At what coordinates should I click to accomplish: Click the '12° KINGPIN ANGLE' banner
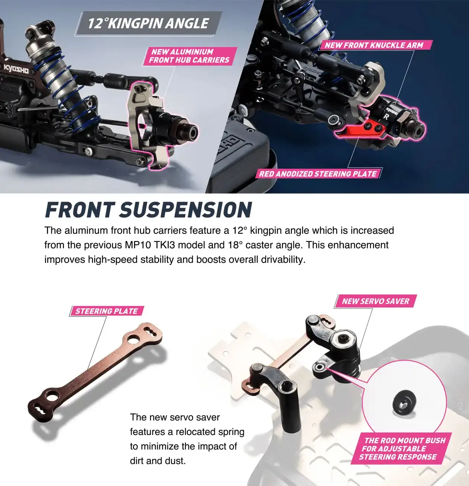148,23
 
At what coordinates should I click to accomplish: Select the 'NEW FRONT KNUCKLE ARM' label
374,45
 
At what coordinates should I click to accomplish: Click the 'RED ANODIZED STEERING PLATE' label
318,174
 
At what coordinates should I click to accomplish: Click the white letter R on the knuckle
386,117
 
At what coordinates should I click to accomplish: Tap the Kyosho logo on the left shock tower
16,69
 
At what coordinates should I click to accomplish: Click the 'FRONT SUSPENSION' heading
148,210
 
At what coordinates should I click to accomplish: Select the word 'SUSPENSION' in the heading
185,210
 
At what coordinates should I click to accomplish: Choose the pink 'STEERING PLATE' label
106,311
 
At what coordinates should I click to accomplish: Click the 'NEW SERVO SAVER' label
376,301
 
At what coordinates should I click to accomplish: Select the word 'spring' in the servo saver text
229,432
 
